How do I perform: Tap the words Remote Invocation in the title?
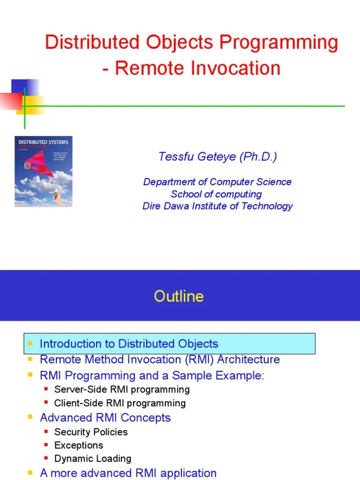(x=197, y=68)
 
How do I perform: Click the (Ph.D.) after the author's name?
(x=257, y=157)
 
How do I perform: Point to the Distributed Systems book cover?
(x=44, y=172)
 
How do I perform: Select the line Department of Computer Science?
(x=217, y=182)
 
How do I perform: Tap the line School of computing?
(x=216, y=194)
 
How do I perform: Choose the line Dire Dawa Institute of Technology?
(x=217, y=206)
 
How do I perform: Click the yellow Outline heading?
(x=179, y=296)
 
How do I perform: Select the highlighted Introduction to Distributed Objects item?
(x=129, y=344)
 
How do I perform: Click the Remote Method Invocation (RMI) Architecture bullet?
(x=160, y=360)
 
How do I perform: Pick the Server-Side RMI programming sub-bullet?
(x=122, y=390)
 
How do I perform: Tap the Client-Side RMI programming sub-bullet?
(x=120, y=403)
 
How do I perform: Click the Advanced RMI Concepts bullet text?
(x=105, y=418)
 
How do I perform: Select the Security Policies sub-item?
(x=91, y=432)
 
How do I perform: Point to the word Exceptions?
(x=79, y=445)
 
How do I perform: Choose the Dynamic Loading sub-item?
(x=93, y=459)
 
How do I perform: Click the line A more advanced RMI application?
(x=128, y=473)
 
